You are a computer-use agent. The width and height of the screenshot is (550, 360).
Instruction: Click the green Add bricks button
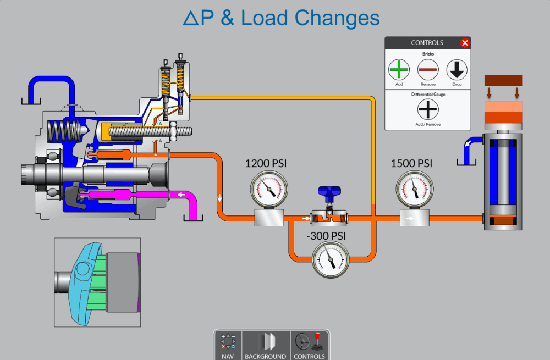click(x=399, y=70)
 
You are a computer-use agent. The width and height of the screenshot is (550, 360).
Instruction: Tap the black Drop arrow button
click(x=457, y=70)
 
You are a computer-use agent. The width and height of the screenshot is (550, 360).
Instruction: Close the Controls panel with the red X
click(x=465, y=43)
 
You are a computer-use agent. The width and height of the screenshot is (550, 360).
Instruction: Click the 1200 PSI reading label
click(x=266, y=163)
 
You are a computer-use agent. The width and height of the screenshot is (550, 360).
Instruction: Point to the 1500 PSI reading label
click(x=411, y=163)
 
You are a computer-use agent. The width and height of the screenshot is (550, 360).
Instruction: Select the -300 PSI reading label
click(x=326, y=236)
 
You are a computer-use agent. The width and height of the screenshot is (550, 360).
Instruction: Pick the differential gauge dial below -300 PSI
click(x=331, y=260)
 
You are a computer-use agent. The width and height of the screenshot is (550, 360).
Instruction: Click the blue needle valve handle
click(x=329, y=193)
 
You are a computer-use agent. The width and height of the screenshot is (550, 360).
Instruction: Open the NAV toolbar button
click(x=228, y=346)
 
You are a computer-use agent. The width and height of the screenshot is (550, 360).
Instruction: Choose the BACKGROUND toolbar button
click(x=266, y=346)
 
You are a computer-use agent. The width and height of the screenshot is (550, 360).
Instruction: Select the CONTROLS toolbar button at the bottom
click(x=309, y=346)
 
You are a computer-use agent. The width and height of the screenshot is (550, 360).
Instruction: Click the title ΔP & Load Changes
click(x=281, y=18)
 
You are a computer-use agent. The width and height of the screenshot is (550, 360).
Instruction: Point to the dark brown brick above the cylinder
click(x=503, y=80)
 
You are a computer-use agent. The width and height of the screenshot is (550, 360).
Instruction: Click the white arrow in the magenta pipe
click(x=180, y=194)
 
